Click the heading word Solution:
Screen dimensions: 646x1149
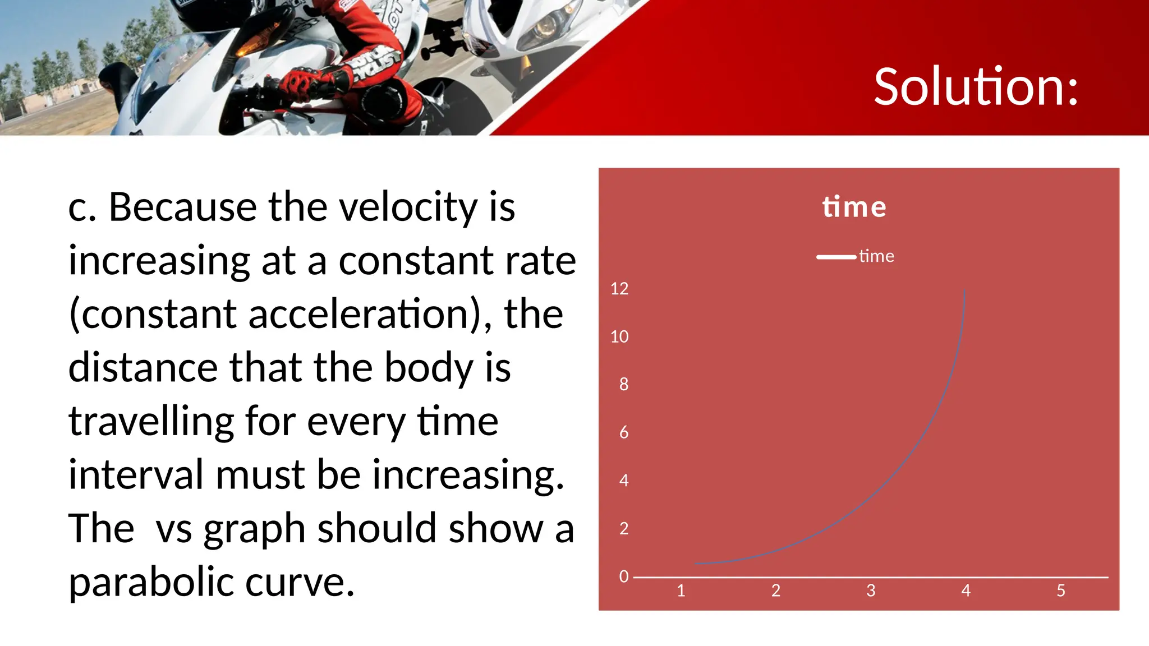pyautogui.click(x=976, y=87)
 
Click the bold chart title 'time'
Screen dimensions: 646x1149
pyautogui.click(x=854, y=207)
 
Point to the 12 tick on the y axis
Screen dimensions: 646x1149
pyautogui.click(x=619, y=289)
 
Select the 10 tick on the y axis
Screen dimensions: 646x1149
pyautogui.click(x=619, y=336)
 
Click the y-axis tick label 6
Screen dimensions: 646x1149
pyautogui.click(x=623, y=432)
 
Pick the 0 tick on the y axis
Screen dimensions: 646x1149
pyautogui.click(x=623, y=576)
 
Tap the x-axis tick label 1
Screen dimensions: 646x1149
pyautogui.click(x=681, y=590)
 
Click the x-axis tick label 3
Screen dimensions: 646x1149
pyautogui.click(x=871, y=590)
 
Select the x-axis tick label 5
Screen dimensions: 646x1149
pyautogui.click(x=1060, y=590)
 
